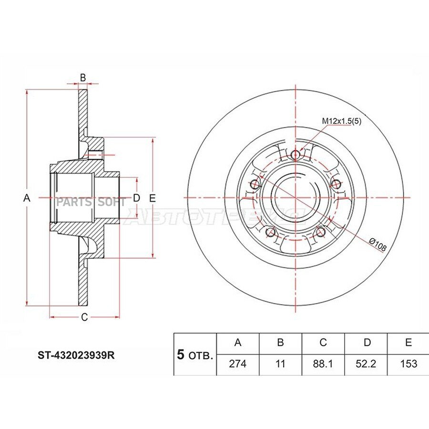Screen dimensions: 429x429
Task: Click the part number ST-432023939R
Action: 76,355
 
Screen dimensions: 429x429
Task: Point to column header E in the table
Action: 408,343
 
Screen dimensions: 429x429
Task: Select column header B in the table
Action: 280,343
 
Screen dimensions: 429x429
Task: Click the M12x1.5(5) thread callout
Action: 341,121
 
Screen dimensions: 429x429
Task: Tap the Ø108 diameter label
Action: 378,245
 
